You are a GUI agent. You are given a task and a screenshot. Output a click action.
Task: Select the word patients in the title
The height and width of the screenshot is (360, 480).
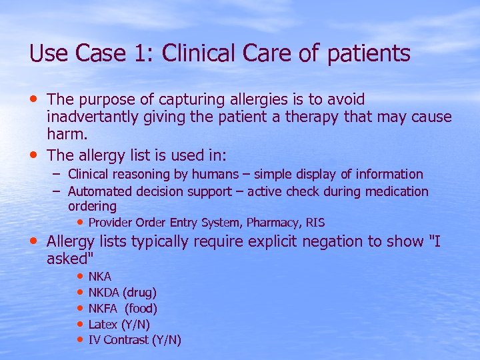click(x=368, y=55)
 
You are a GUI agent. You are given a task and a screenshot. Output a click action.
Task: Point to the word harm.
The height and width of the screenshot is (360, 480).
click(x=65, y=135)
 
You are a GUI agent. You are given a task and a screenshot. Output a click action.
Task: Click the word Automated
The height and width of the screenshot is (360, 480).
click(x=97, y=192)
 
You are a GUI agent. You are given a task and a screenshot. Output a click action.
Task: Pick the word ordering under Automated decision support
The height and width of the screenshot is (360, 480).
click(x=92, y=207)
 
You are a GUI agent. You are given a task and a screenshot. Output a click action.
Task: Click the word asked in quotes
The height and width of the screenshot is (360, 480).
click(x=69, y=259)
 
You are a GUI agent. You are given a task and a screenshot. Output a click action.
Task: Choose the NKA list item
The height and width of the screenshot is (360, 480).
click(x=100, y=276)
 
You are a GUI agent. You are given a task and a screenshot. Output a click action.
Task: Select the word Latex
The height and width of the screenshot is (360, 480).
click(x=103, y=324)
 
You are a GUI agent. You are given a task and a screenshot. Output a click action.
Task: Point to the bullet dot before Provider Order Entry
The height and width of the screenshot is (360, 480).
click(x=80, y=221)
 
